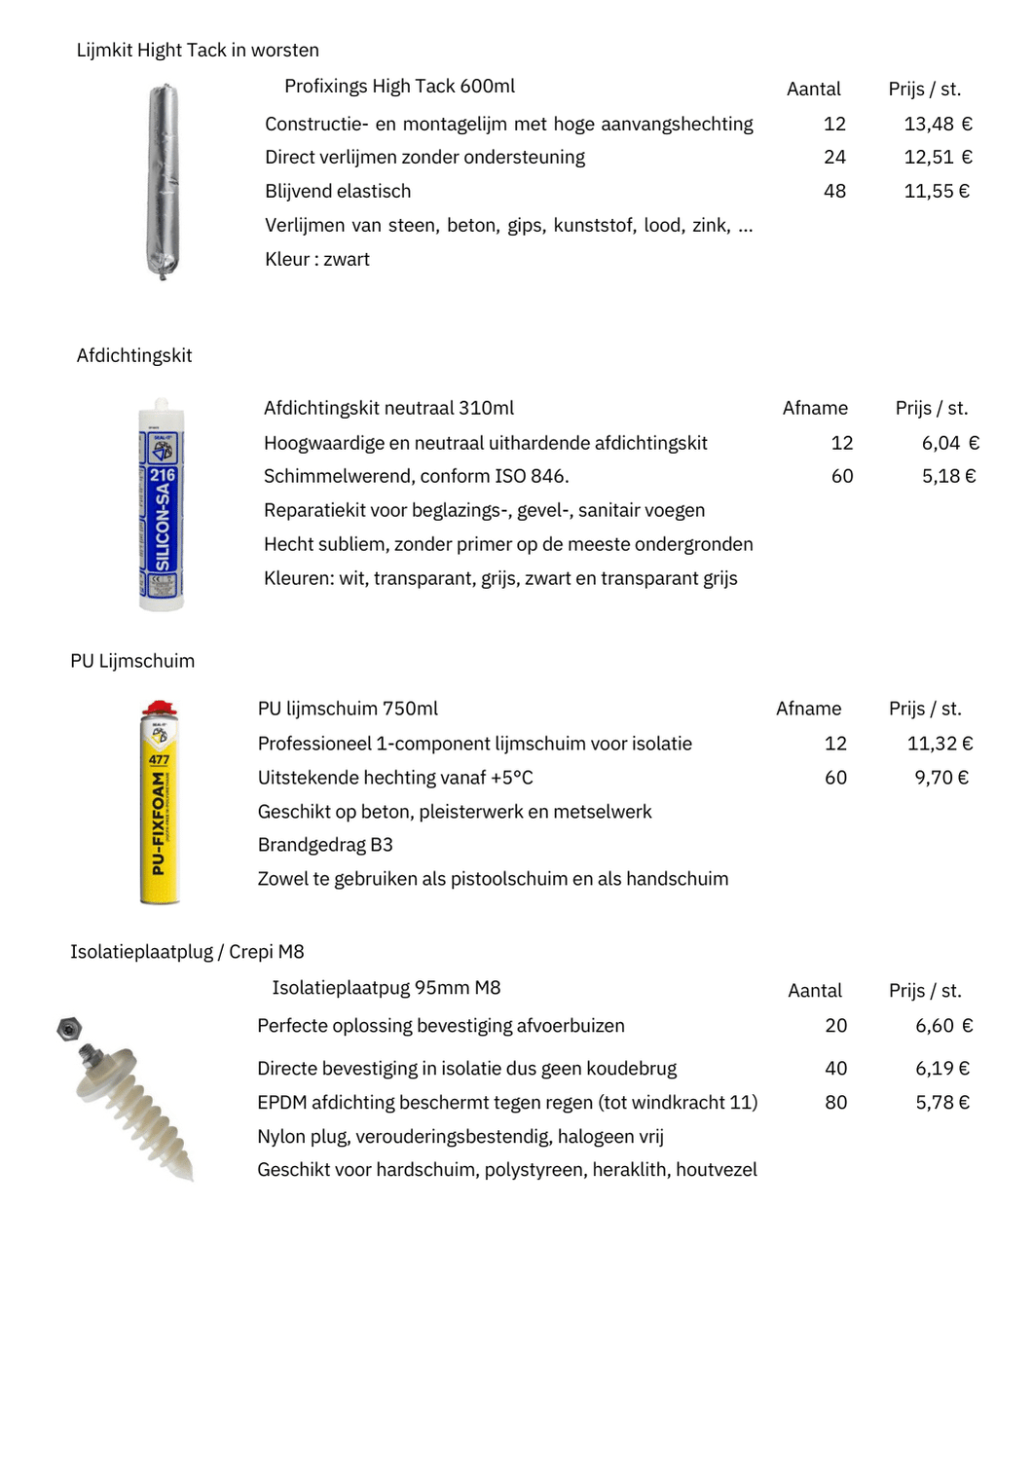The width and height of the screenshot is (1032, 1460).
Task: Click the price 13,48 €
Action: tap(938, 124)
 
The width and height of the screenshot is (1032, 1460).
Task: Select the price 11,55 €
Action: tap(937, 191)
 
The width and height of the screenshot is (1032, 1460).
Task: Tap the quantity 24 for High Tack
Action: tap(834, 157)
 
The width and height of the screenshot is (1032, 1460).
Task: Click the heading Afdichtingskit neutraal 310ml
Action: tap(388, 408)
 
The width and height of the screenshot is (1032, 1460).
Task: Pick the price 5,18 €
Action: tap(948, 476)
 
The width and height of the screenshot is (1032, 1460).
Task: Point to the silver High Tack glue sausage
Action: tap(163, 182)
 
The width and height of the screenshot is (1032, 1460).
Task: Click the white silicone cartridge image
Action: tap(162, 506)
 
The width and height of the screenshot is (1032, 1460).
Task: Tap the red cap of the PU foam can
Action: tap(160, 709)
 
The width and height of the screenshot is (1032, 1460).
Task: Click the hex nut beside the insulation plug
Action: tap(69, 1028)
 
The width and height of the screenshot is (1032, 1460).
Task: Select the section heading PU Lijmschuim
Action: tap(132, 661)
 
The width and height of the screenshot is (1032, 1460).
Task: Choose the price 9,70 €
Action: tap(940, 778)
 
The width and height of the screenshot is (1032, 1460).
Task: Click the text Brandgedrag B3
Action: tap(325, 845)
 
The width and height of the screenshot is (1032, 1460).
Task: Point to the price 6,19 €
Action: tap(941, 1068)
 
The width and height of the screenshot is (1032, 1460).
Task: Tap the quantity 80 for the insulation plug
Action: tap(835, 1102)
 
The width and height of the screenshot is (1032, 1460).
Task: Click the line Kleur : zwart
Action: tap(317, 259)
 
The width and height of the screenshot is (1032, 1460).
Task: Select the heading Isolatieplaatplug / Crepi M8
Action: tap(187, 951)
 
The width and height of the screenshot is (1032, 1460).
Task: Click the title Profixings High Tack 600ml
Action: tap(399, 86)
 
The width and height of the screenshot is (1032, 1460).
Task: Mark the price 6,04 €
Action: tap(949, 443)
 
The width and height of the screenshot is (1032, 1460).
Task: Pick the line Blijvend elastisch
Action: tap(338, 191)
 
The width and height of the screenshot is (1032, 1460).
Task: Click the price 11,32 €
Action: tap(940, 744)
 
